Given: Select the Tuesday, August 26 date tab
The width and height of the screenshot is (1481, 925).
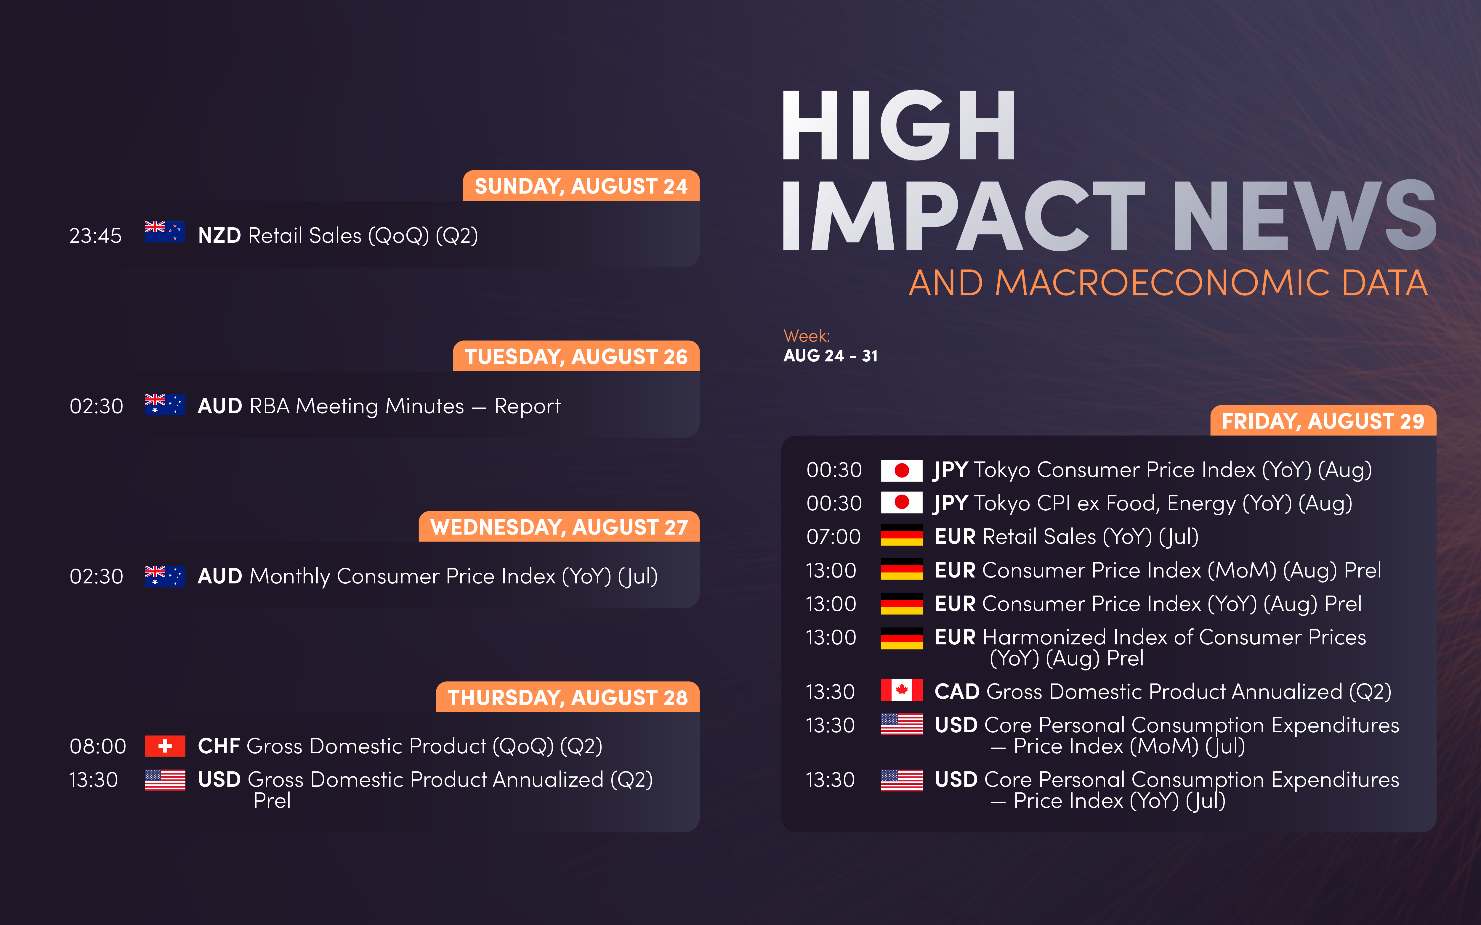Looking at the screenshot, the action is pyautogui.click(x=576, y=356).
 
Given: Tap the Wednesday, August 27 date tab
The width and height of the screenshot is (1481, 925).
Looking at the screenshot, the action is pyautogui.click(x=559, y=527).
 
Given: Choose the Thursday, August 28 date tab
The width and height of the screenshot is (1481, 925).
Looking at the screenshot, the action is pyautogui.click(x=567, y=697).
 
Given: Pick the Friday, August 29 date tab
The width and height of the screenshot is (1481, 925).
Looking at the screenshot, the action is pyautogui.click(x=1323, y=421).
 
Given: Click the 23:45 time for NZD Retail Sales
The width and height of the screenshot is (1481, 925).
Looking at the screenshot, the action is pyautogui.click(x=95, y=236).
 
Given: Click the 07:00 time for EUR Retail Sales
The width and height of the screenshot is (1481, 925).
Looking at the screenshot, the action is pyautogui.click(x=834, y=537).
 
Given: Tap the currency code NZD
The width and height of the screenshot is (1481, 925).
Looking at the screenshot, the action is pyautogui.click(x=220, y=236).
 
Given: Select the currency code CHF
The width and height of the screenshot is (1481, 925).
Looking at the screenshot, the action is pyautogui.click(x=219, y=746).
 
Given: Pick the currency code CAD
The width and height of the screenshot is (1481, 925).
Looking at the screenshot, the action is pyautogui.click(x=957, y=691).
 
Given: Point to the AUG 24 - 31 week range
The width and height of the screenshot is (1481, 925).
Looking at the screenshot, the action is pyautogui.click(x=831, y=356).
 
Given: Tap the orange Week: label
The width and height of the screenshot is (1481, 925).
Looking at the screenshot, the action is pyautogui.click(x=807, y=336).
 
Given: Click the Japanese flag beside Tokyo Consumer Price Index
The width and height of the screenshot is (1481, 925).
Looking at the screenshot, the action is pyautogui.click(x=901, y=470).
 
